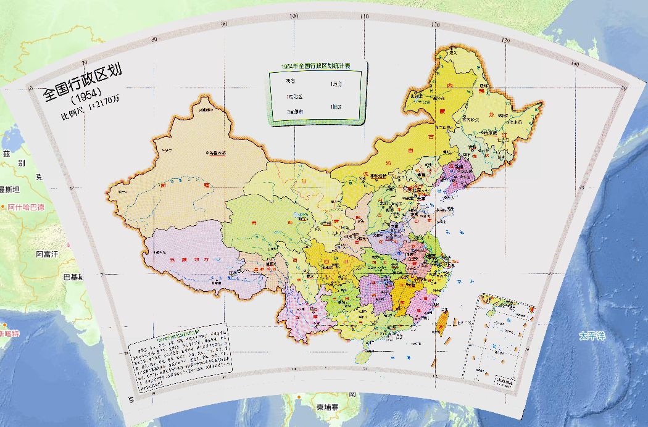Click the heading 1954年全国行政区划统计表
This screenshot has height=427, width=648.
(316, 66)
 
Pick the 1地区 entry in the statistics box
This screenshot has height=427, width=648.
(336, 107)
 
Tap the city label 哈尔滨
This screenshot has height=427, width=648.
(489, 132)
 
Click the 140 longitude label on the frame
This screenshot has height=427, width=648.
(575, 64)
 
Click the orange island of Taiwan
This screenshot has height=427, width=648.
(442, 320)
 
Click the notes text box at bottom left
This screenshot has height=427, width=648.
(181, 356)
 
